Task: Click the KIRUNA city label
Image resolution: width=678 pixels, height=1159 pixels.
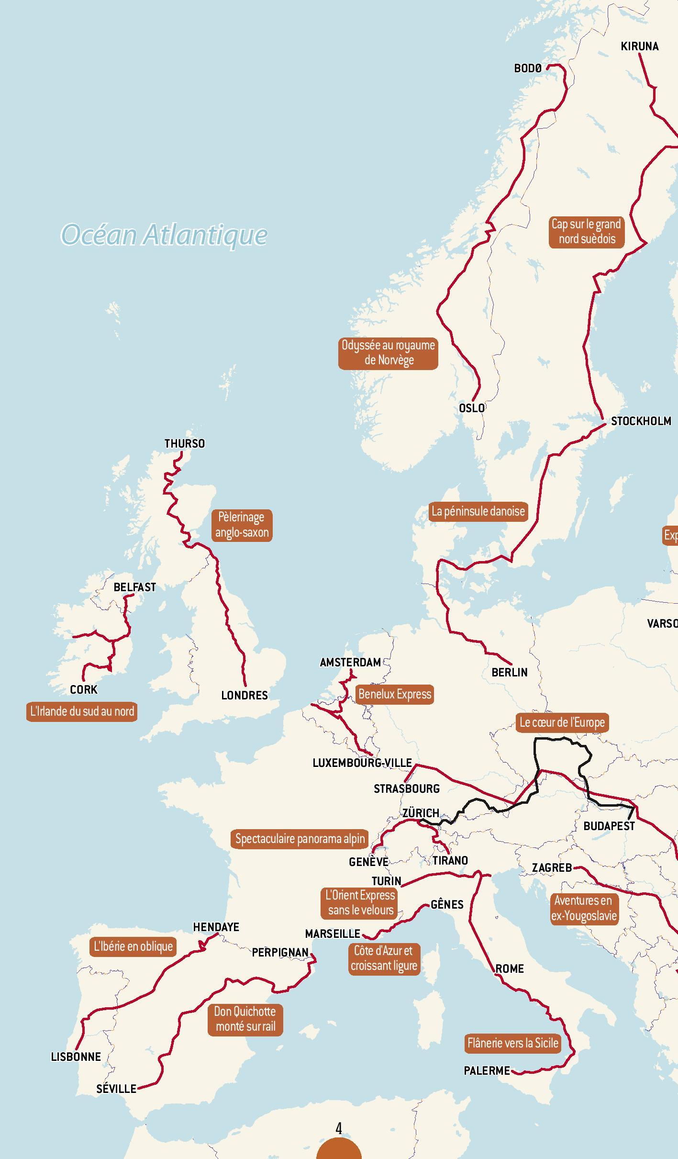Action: click(639, 46)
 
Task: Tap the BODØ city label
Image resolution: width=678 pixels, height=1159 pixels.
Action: click(528, 68)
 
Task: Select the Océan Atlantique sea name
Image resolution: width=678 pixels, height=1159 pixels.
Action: click(164, 235)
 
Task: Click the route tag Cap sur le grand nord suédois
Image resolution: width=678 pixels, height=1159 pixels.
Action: click(586, 231)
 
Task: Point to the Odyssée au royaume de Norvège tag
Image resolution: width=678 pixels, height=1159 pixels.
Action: click(388, 353)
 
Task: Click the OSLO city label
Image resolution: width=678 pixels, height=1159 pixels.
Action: click(472, 408)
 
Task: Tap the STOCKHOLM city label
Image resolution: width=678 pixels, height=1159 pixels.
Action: click(641, 421)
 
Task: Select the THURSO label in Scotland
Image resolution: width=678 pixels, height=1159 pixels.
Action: click(184, 444)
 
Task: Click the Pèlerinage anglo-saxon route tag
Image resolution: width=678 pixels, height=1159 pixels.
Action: click(242, 525)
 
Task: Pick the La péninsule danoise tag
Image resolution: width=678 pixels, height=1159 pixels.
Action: click(478, 511)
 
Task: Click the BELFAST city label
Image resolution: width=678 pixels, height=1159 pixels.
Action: click(134, 587)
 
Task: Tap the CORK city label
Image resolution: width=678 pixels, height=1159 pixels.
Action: click(84, 690)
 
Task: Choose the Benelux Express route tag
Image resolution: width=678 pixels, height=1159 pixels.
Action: click(395, 694)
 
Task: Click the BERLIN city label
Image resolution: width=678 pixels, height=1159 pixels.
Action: click(510, 672)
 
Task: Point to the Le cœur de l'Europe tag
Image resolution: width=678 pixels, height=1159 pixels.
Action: click(562, 722)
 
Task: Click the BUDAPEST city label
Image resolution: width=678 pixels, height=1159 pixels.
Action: click(609, 826)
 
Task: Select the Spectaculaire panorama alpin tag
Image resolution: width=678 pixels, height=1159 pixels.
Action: click(300, 839)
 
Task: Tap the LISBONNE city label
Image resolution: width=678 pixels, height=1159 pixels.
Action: click(76, 1057)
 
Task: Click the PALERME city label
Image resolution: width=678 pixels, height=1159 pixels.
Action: click(487, 1071)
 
